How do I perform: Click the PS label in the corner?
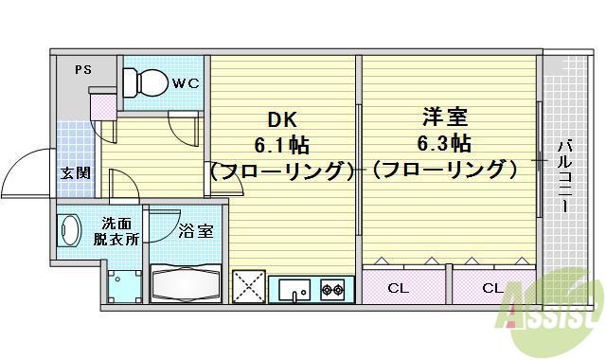[x=82, y=68]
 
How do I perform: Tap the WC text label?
[x=185, y=83]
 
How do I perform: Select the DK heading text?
[x=283, y=120]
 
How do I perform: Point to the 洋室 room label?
[x=444, y=119]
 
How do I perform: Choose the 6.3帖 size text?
[x=444, y=144]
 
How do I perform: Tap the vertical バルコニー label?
[x=564, y=175]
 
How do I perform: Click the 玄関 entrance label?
[x=77, y=172]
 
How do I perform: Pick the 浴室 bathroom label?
[x=196, y=230]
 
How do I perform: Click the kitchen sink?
[x=294, y=289]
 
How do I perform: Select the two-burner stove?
[x=331, y=289]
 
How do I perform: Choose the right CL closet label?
[x=492, y=287]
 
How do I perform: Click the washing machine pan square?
[x=121, y=285]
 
